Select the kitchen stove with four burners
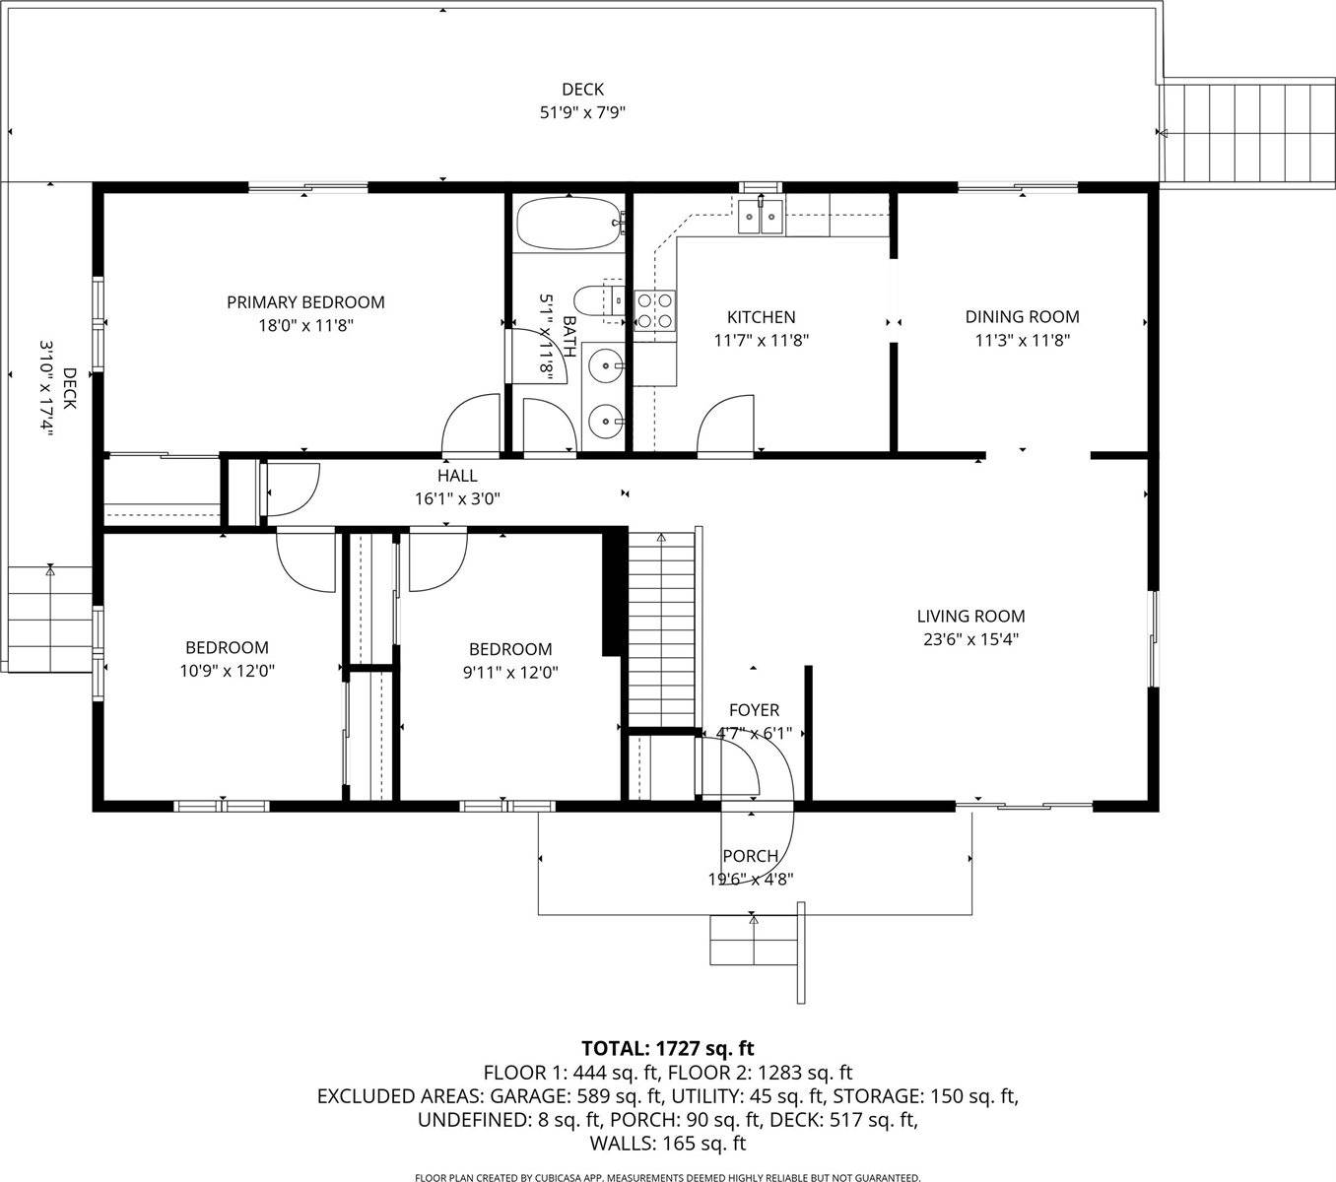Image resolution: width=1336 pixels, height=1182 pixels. point(654,309)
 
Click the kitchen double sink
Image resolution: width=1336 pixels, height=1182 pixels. point(761,215)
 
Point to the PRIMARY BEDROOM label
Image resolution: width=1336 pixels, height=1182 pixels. point(305,302)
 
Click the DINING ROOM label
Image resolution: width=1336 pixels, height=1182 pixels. point(1022,317)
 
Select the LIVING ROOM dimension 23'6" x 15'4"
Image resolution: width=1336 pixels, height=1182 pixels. point(970,639)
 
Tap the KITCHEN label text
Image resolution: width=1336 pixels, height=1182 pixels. point(761,317)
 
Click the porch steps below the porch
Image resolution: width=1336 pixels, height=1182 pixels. point(754,941)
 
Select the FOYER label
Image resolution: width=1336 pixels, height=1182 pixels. point(754,710)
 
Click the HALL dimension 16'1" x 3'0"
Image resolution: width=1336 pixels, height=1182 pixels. point(457,498)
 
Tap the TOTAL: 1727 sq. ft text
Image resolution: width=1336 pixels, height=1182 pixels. point(668,1048)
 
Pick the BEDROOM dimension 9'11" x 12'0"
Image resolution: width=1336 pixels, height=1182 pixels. point(509,673)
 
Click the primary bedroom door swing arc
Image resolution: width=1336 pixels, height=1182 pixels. point(471,424)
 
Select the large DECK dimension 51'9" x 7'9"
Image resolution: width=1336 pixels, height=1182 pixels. point(582,112)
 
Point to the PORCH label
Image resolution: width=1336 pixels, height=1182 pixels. point(750,856)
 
